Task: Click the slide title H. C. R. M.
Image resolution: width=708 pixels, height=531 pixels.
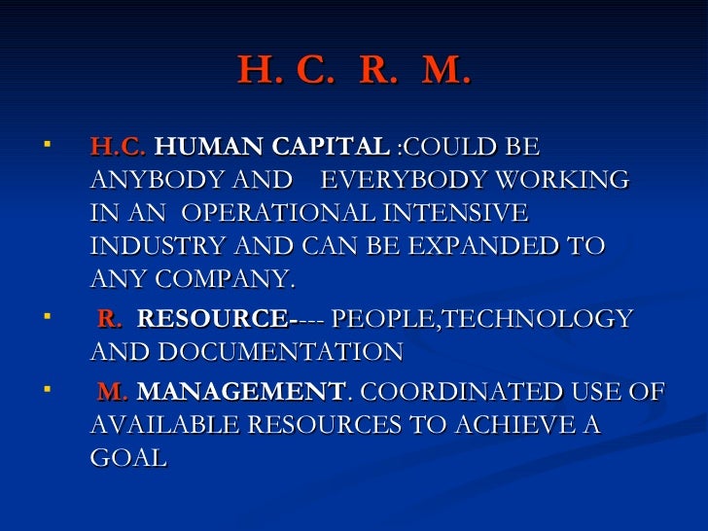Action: (x=354, y=69)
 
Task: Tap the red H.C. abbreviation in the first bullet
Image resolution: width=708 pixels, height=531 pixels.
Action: (x=118, y=148)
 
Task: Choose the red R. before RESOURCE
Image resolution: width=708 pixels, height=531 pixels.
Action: (x=111, y=319)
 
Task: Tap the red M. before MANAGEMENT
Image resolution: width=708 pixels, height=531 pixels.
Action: (x=113, y=392)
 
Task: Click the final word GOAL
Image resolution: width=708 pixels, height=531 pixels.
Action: (x=127, y=458)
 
